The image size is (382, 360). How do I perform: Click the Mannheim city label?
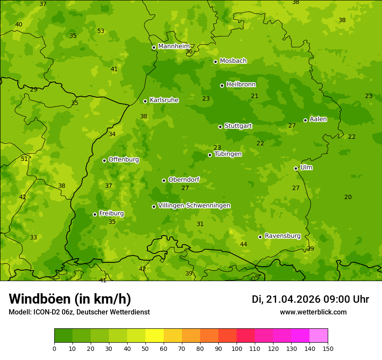coord(174,46)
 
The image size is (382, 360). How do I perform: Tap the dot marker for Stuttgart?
coord(220,127)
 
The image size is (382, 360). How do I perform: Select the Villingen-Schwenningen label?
coord(194,206)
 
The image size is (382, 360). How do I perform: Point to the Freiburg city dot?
coord(95,214)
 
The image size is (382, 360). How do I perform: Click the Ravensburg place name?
coord(283,236)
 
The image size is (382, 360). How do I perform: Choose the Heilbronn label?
coord(241,85)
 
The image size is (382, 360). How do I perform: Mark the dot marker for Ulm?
coord(296,168)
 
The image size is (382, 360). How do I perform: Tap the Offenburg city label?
coord(124,160)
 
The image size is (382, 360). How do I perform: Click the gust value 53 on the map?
coord(101,31)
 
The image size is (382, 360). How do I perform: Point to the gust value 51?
coord(24,159)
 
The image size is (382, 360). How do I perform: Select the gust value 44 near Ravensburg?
coord(244,245)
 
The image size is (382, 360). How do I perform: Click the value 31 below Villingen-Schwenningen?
coord(200,224)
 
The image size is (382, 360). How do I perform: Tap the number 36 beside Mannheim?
coord(189,52)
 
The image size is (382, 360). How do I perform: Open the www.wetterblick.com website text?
coord(313,312)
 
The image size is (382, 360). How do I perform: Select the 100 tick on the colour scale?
coord(237,348)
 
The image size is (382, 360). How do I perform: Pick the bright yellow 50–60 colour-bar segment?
coord(155,336)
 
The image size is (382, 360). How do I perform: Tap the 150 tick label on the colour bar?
coord(327,348)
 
